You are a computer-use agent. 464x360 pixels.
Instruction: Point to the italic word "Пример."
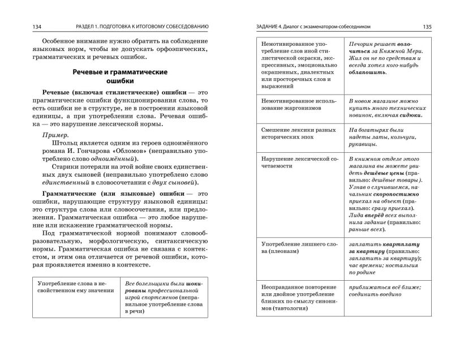pyautogui.click(x=55, y=135)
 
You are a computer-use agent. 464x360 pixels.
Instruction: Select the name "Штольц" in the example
pyautogui.click(x=62, y=144)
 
